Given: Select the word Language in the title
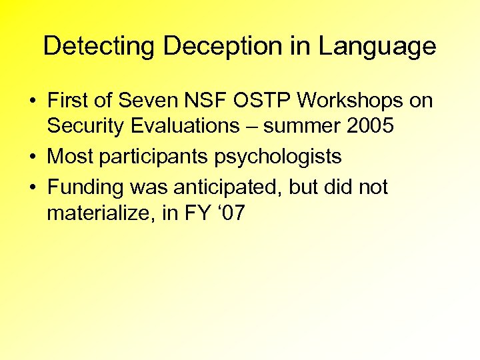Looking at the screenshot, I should tap(377, 47).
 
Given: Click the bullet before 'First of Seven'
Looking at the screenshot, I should tap(32, 102).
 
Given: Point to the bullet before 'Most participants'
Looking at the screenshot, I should tap(32, 157).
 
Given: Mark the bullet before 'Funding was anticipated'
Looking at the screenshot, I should tap(32, 187).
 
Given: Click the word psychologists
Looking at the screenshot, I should tap(278, 157).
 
